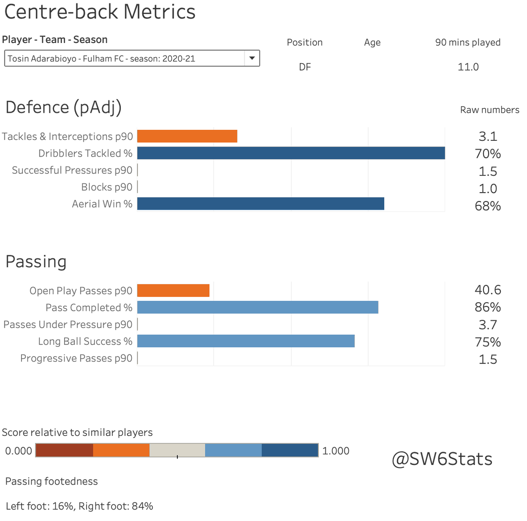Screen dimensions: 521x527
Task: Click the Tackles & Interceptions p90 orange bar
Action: [x=187, y=136]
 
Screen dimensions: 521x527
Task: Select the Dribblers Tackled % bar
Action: [x=291, y=153]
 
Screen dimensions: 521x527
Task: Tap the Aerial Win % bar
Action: [x=260, y=203]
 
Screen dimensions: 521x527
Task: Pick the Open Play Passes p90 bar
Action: [x=173, y=290]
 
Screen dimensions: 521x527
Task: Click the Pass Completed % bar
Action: [x=257, y=307]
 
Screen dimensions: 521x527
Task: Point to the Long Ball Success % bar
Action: [x=245, y=341]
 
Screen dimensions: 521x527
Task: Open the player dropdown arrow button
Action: [x=252, y=58]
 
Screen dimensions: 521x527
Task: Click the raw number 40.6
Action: [x=487, y=290]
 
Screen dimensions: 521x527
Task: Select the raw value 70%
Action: [x=487, y=153]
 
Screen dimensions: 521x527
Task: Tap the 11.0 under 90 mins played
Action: [x=468, y=67]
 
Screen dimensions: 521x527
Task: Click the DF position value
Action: [x=305, y=67]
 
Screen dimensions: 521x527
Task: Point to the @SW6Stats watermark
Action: [x=442, y=459]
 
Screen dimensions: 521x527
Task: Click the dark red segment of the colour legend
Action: [x=64, y=450]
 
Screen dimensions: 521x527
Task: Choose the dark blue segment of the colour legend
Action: [x=290, y=450]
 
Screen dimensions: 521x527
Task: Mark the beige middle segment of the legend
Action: [x=177, y=450]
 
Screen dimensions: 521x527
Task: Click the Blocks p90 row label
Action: [x=107, y=187]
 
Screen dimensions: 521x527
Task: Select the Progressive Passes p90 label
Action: [x=76, y=358]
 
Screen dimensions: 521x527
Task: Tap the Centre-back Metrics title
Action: [x=100, y=12]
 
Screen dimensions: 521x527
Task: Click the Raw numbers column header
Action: [x=489, y=110]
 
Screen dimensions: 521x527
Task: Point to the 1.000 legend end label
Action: [x=336, y=451]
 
